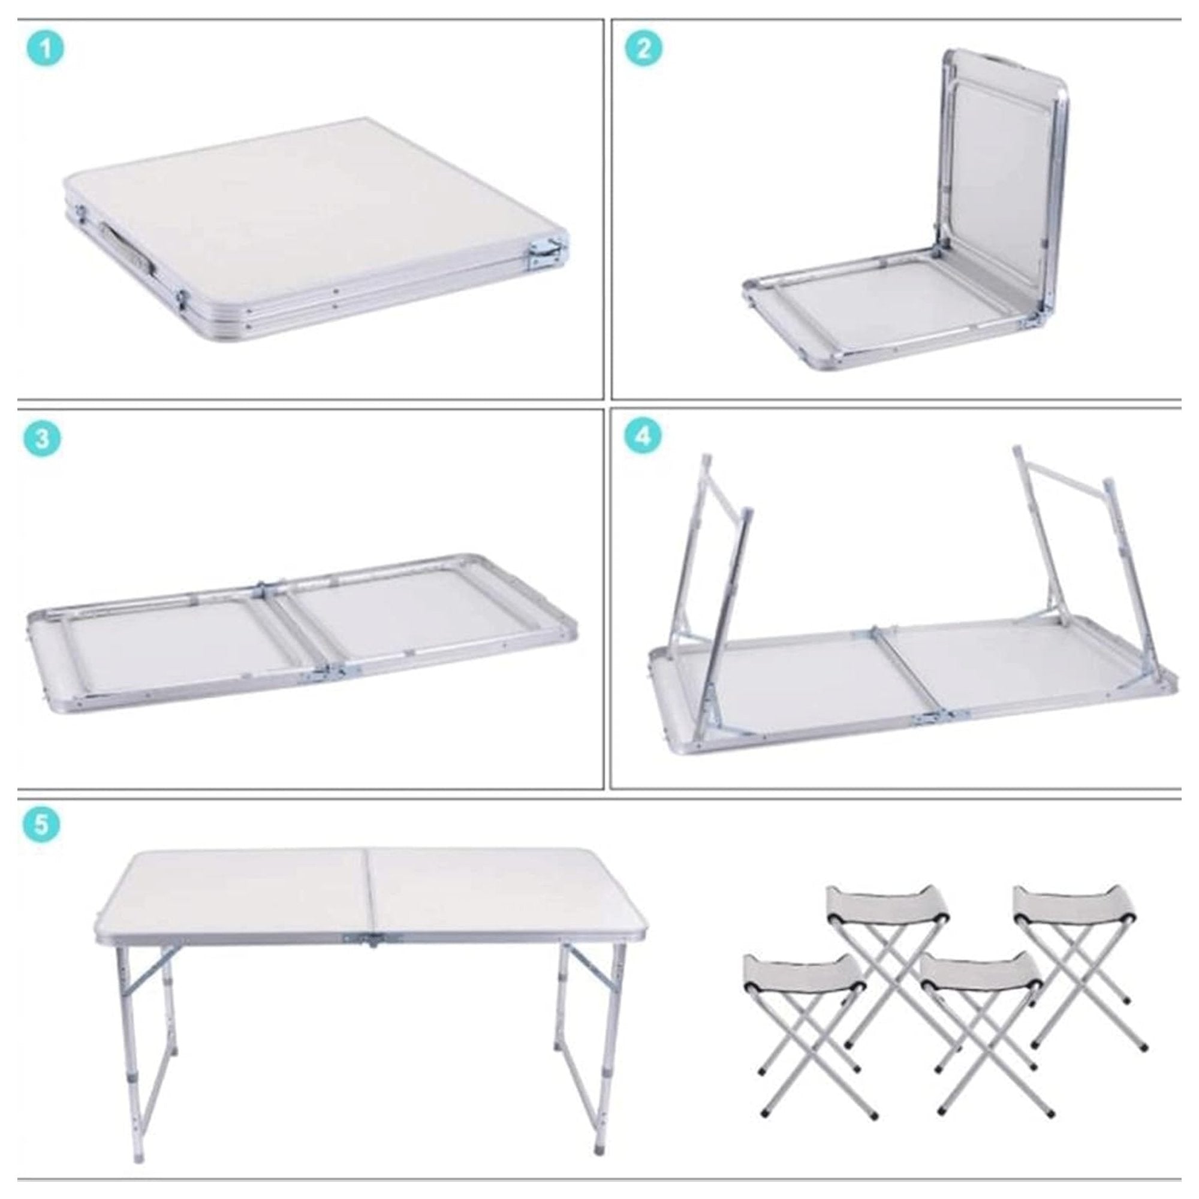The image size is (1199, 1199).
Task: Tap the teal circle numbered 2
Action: pyautogui.click(x=643, y=49)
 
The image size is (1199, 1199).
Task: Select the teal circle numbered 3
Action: pyautogui.click(x=42, y=438)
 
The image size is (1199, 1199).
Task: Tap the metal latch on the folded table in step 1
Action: pyautogui.click(x=547, y=254)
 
